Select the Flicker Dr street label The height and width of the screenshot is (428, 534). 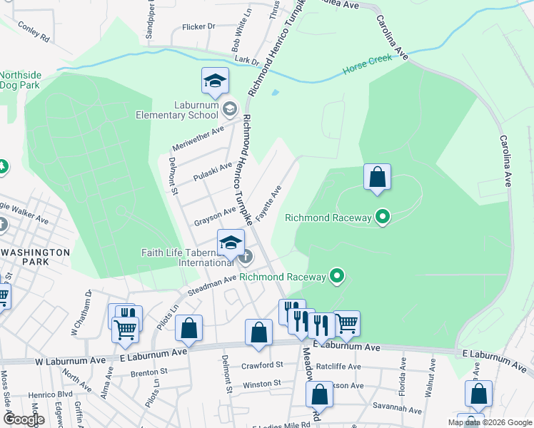click(x=198, y=26)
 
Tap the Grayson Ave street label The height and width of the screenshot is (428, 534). click(x=215, y=215)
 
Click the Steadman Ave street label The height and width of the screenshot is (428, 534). click(x=211, y=286)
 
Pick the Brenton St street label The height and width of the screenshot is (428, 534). click(x=148, y=372)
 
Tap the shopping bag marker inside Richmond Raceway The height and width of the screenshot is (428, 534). click(x=377, y=178)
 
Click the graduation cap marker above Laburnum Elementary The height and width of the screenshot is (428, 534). click(x=214, y=81)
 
